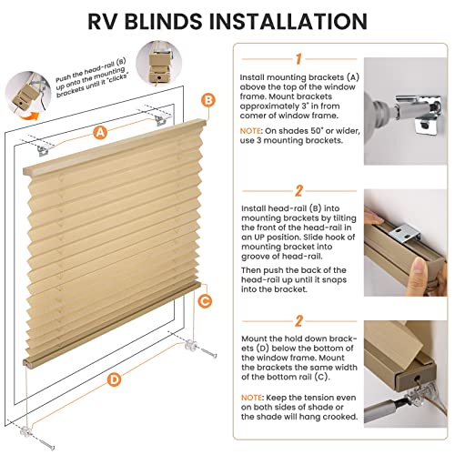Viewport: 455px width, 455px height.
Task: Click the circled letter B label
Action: [207, 99]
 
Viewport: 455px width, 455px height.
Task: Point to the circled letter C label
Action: [205, 300]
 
